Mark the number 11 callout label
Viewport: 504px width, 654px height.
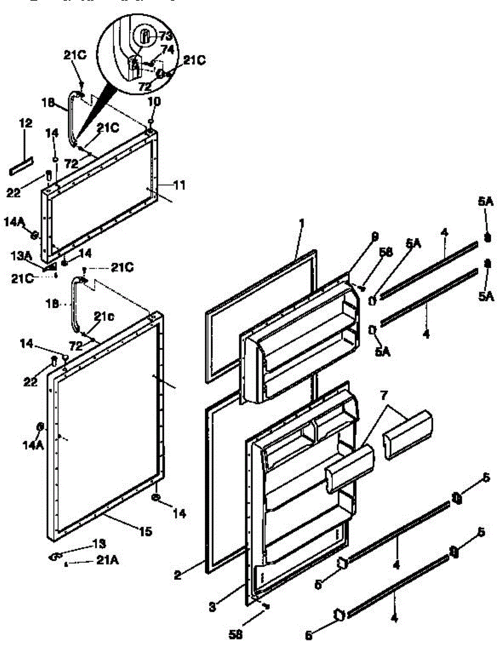click(x=179, y=186)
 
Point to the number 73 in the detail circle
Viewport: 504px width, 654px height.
click(x=166, y=36)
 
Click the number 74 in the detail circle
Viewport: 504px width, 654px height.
click(x=168, y=49)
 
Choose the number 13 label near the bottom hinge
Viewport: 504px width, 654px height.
click(x=99, y=544)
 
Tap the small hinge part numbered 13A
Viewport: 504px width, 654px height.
click(x=50, y=267)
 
